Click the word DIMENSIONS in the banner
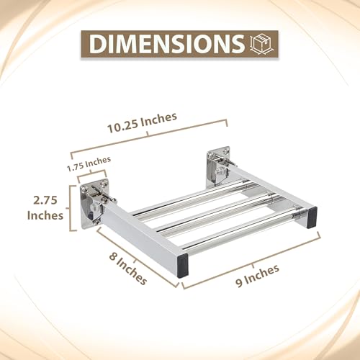tap(166, 44)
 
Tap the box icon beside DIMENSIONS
tap(260, 44)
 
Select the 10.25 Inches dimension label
tap(142, 122)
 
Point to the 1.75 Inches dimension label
tap(89, 163)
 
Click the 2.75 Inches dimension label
tap(45, 207)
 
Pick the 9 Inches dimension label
tap(257, 276)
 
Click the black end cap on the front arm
tap(183, 266)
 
